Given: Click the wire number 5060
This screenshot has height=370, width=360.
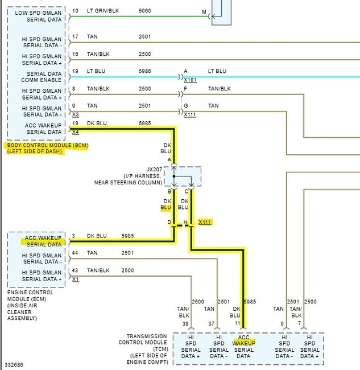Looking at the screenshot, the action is click(x=145, y=11).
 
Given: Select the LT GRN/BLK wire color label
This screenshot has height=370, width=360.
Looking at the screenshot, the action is click(x=103, y=11).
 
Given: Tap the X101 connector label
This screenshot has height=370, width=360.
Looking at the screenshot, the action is click(x=191, y=80).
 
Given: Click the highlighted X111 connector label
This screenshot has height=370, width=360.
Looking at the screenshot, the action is click(x=205, y=222).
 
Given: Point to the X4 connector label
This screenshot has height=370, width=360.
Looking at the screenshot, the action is click(x=76, y=132).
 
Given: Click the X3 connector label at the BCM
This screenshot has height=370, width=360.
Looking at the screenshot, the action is click(x=76, y=114).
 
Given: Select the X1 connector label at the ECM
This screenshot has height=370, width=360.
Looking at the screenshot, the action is click(x=76, y=279).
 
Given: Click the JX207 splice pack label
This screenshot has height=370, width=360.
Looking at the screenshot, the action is click(x=155, y=170).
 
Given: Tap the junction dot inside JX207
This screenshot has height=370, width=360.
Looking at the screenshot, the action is click(x=174, y=176).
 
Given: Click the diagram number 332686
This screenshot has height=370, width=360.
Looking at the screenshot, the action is click(x=14, y=364).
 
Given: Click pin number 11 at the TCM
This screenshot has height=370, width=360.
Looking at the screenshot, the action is click(x=237, y=323).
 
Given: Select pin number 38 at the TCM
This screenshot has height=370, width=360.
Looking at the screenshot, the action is click(x=185, y=323).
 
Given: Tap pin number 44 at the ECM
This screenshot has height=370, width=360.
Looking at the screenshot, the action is click(x=75, y=253).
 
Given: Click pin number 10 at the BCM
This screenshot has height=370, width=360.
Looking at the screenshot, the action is click(x=75, y=11).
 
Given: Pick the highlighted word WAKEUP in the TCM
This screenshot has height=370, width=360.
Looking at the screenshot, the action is click(x=244, y=343).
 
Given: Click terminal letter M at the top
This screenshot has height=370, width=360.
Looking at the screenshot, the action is click(x=204, y=11).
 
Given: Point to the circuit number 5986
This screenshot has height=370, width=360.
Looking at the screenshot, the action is click(x=145, y=71).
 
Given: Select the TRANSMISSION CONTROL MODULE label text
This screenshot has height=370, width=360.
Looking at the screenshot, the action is click(x=143, y=339).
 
